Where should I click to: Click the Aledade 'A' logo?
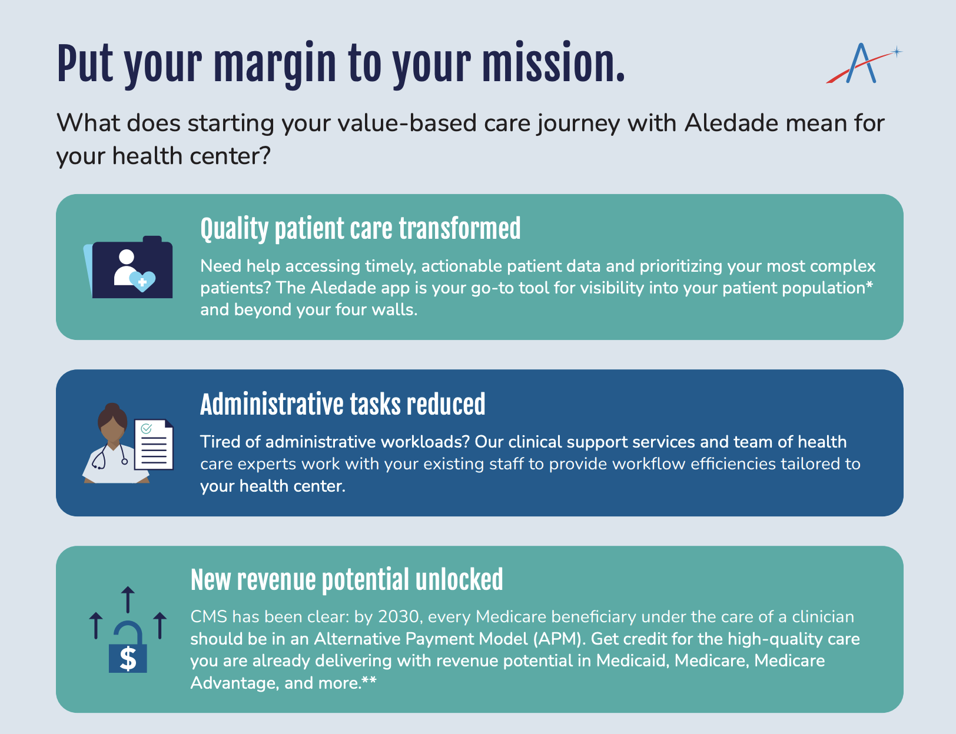863,64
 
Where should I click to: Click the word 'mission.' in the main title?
553,63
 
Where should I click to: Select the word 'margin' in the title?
275,66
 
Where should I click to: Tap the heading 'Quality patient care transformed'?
360,229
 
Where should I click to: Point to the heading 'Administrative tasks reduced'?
343,404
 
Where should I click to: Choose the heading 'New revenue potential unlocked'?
347,580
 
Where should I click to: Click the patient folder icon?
128,267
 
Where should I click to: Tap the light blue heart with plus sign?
142,281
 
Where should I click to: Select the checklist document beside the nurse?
154,445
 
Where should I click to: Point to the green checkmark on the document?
147,429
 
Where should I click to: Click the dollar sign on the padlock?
128,659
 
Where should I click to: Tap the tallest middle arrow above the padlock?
128,599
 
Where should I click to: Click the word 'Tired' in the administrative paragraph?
220,442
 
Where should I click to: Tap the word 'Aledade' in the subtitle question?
731,123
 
